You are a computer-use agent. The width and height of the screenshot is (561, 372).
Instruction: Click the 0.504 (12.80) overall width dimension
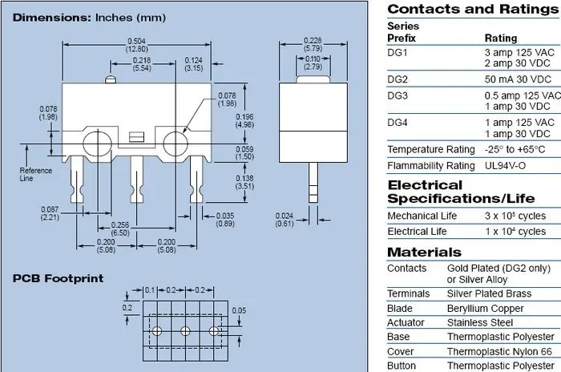[x=137, y=45]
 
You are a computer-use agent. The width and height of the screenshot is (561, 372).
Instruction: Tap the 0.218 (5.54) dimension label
[x=142, y=64]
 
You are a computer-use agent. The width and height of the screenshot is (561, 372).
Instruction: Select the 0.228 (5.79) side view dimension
[x=313, y=44]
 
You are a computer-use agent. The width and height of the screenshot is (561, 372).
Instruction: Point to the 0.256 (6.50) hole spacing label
[x=120, y=228]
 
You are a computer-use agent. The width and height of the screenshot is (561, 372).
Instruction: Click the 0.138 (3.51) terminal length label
[x=244, y=182]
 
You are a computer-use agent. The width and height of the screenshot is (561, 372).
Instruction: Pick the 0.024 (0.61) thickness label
[x=285, y=220]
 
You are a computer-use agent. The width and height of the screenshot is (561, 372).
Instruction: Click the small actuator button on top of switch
[x=111, y=79]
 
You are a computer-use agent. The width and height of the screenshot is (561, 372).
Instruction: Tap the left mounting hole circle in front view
[x=97, y=144]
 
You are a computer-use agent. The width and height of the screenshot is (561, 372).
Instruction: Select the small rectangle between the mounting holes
[x=136, y=137]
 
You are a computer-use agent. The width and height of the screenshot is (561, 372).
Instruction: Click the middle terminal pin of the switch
[x=137, y=179]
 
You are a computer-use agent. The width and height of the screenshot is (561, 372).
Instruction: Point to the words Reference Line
[x=36, y=174]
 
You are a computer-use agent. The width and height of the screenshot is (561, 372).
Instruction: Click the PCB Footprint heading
[x=58, y=278]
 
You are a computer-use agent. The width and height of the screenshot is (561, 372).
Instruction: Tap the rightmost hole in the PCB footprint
[x=214, y=331]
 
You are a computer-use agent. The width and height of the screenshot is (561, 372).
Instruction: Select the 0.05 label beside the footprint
[x=239, y=310]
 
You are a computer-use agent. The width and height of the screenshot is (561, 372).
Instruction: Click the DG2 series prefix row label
[x=398, y=79]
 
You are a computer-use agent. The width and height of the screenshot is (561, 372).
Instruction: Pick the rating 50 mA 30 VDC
[x=518, y=79]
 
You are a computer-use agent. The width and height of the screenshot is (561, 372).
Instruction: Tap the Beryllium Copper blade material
[x=485, y=309]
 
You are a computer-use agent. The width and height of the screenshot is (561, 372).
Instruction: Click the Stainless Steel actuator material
[x=480, y=322]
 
